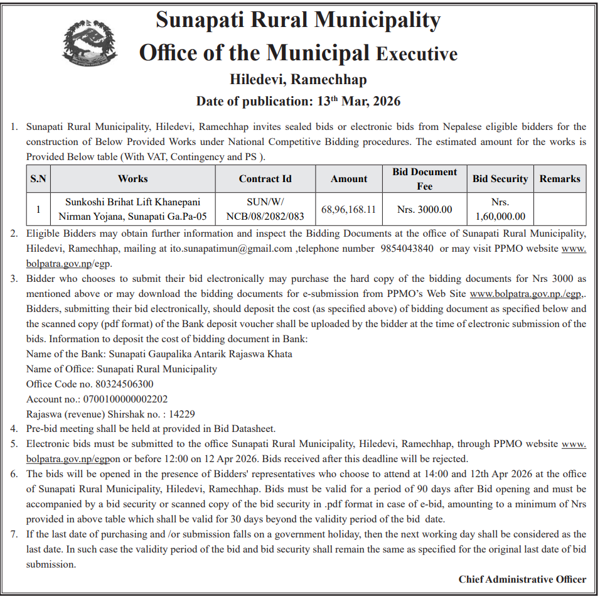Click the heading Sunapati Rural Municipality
[298, 21]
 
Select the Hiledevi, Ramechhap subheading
[298, 80]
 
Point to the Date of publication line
[298, 101]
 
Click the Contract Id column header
[265, 179]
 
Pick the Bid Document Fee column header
[424, 179]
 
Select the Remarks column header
[559, 179]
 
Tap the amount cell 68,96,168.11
[348, 209]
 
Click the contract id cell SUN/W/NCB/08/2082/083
[265, 209]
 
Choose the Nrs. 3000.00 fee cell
[424, 209]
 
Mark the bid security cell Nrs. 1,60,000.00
[500, 209]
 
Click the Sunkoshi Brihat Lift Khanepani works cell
[132, 209]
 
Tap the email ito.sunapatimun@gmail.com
[231, 248]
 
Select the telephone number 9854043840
[407, 248]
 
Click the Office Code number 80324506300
[124, 384]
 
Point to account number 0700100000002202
[124, 399]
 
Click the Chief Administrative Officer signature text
[522, 579]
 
